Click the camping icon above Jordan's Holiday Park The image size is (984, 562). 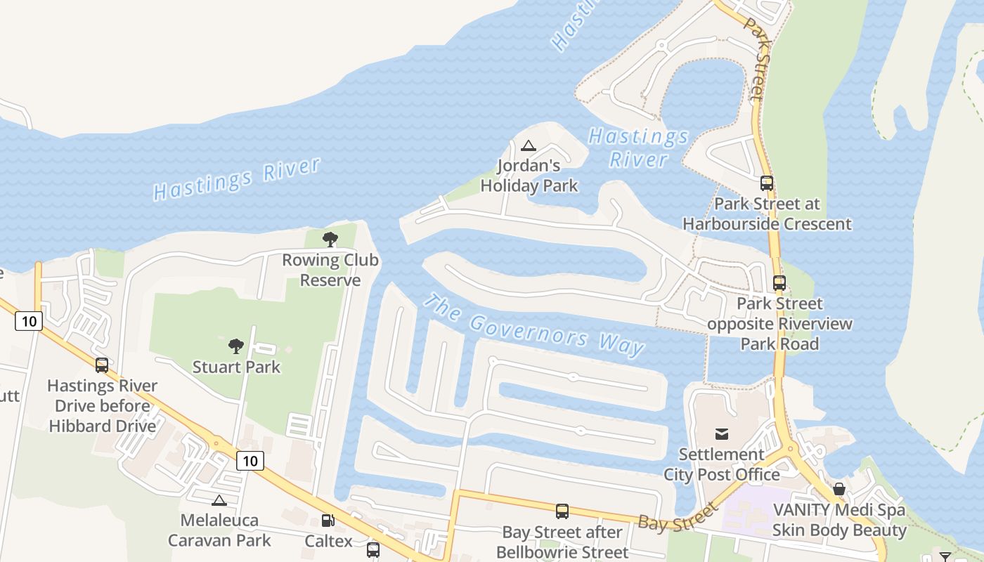point(529,146)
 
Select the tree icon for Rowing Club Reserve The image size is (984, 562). point(330,240)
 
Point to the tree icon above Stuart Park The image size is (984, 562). point(236,346)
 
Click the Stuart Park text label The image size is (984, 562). point(236,367)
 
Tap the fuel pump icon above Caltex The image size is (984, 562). point(328,521)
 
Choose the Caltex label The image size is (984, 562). point(328,541)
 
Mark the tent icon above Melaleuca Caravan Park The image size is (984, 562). point(219,500)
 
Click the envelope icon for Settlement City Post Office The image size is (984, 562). point(722,433)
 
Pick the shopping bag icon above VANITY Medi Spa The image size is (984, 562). point(839,489)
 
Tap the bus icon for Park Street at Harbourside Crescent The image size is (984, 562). point(767,183)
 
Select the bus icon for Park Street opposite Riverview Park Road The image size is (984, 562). point(779,283)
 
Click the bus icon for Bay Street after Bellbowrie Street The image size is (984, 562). point(562,511)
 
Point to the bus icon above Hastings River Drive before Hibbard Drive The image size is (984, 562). point(102,365)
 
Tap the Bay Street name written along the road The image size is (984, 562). point(678,517)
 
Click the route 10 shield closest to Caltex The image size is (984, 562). point(250,461)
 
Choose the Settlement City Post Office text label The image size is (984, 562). point(722,464)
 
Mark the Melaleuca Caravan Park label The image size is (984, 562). point(219,530)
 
